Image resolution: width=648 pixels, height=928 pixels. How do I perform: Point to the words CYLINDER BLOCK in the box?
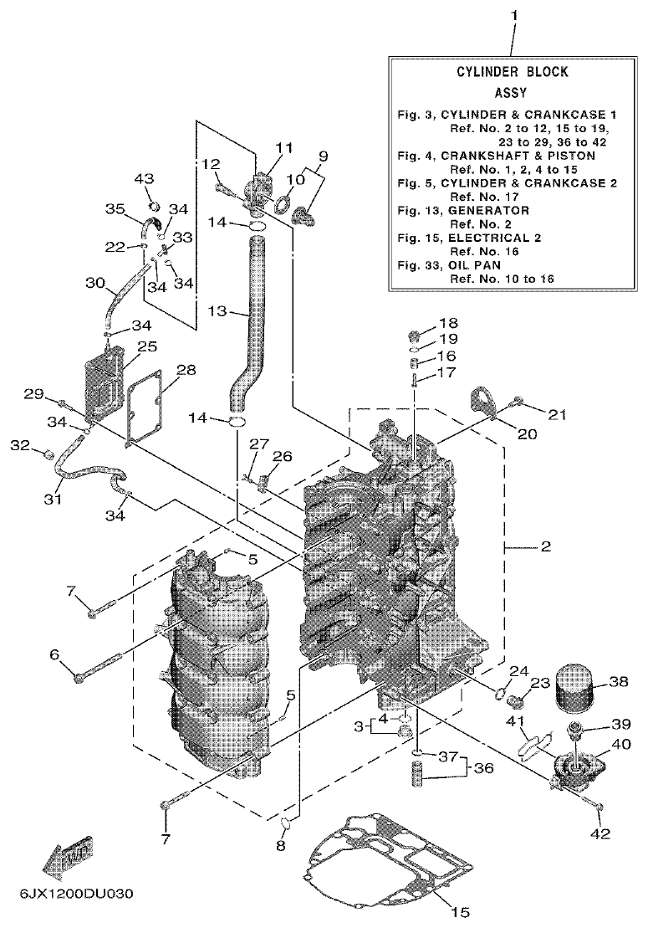512,73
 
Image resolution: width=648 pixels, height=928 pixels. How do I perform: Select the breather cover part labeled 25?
105,381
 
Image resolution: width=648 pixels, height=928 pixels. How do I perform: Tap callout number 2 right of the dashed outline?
545,547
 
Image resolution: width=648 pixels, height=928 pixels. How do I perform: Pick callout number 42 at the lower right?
601,833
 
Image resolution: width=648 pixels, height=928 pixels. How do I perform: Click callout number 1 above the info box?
514,14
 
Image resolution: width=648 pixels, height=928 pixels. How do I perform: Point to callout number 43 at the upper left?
145,179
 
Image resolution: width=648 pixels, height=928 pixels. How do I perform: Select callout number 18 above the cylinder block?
449,323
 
